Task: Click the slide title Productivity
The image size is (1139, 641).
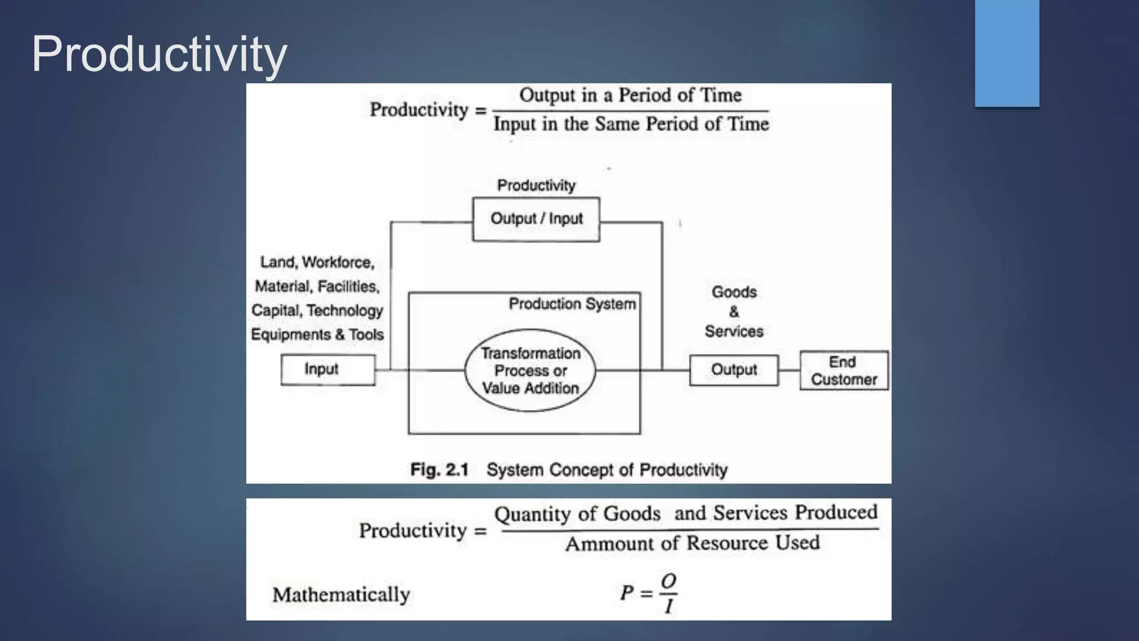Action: [159, 54]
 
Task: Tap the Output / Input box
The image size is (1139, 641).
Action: [536, 219]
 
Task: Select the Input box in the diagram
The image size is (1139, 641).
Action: [328, 369]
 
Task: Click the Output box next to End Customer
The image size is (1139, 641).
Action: [734, 370]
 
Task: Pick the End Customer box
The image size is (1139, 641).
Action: [844, 371]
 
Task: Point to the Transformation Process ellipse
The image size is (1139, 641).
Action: [530, 371]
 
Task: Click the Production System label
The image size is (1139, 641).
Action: [572, 304]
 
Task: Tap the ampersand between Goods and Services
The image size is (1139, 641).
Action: [734, 312]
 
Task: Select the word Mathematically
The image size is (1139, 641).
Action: [341, 594]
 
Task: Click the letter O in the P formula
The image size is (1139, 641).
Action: [668, 581]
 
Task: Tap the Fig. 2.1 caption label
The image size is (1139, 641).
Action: [439, 470]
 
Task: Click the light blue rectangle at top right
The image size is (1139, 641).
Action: [1007, 53]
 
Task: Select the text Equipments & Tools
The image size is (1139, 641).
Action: [317, 334]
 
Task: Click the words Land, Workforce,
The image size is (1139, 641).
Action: [317, 262]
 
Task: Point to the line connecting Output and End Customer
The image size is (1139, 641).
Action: [789, 370]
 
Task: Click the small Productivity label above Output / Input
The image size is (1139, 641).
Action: [536, 185]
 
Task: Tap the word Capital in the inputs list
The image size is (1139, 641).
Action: [275, 310]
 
